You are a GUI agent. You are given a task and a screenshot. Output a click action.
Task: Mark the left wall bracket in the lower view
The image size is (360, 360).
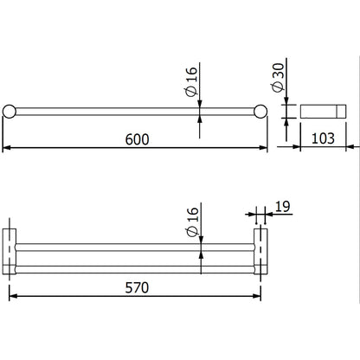click(x=10, y=252)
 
